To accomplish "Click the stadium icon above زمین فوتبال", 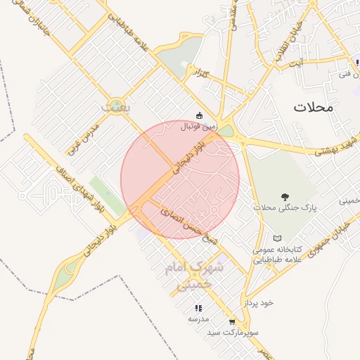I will (199, 115).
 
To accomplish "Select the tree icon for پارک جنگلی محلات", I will (285, 197).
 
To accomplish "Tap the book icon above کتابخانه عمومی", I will (277, 239).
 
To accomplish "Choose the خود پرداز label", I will (258, 302).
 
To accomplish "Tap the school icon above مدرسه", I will (198, 308).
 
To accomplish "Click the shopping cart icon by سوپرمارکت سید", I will (232, 321).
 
